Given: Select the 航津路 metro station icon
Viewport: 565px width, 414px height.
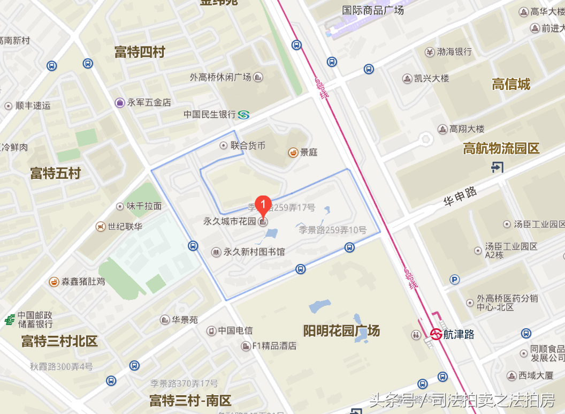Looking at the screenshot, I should pyautogui.click(x=436, y=334).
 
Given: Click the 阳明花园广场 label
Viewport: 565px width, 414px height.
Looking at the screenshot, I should pyautogui.click(x=341, y=330).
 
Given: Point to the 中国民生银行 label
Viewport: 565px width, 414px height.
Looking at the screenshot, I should pyautogui.click(x=209, y=115).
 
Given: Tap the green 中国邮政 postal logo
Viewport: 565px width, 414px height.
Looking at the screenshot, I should pyautogui.click(x=10, y=320).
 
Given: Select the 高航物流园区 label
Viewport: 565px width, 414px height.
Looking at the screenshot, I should pyautogui.click(x=501, y=149).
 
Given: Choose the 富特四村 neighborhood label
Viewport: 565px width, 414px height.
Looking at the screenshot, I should pyautogui.click(x=140, y=52).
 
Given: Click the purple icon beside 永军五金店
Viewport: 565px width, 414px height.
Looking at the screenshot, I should pyautogui.click(x=119, y=102).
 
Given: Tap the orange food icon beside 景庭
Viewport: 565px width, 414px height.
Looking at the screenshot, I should pyautogui.click(x=293, y=152).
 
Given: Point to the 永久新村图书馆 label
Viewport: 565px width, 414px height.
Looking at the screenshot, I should pyautogui.click(x=254, y=252).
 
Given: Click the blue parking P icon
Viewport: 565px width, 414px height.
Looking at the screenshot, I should pyautogui.click(x=455, y=279).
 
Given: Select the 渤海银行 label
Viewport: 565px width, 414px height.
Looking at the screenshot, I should pyautogui.click(x=454, y=52).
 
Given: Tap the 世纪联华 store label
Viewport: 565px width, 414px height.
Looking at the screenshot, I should pyautogui.click(x=125, y=227).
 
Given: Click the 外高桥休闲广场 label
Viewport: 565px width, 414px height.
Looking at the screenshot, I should pyautogui.click(x=220, y=77).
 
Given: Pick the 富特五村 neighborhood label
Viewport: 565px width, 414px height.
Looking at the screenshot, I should pyautogui.click(x=55, y=174).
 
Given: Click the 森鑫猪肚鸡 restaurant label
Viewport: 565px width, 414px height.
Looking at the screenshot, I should pyautogui.click(x=83, y=281).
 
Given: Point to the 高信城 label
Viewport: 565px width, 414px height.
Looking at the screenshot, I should pyautogui.click(x=511, y=84).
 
